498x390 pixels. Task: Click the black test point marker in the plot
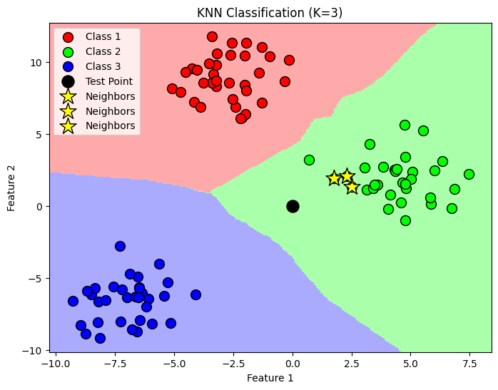click(293, 206)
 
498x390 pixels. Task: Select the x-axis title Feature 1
click(270, 378)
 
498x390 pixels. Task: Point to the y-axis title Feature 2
click(11, 188)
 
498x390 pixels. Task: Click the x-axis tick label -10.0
click(56, 361)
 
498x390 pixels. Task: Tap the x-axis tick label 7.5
click(469, 361)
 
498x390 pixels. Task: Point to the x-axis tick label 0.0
click(293, 361)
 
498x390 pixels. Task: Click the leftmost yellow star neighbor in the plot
click(334, 178)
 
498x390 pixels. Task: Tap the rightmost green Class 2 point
click(469, 174)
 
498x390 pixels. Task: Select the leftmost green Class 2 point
click(309, 160)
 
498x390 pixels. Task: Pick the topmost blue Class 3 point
click(120, 246)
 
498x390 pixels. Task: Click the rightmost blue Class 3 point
click(195, 294)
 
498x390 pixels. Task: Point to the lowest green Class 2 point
click(405, 220)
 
